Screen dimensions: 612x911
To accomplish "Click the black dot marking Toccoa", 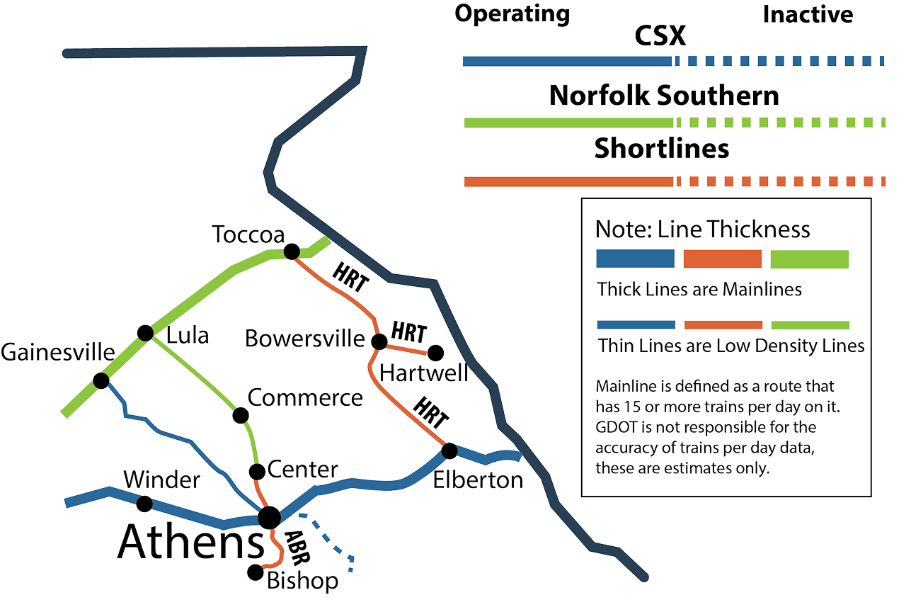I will coord(291,251).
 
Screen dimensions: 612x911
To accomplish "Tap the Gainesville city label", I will coord(57,351).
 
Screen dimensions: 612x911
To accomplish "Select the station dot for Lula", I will coord(145,332).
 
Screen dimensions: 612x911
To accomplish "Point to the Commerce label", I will coord(305,397).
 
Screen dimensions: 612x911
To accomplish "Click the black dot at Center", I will coord(258,471).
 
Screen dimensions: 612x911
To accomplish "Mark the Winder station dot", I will coord(144,504).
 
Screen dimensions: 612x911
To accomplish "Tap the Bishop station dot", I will coord(255,572).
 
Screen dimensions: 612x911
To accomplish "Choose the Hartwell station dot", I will coord(435,352).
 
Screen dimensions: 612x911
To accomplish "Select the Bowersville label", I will coord(305,339).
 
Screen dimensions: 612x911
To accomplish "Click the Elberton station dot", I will coord(449,450).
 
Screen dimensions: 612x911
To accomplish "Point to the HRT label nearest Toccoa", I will coord(350,276).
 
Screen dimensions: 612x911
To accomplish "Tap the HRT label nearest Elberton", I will coord(430,413).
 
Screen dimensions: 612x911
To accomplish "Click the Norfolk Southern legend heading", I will coord(663,95).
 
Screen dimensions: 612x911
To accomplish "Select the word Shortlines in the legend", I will coord(661,148).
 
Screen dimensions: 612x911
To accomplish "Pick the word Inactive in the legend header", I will coord(808,14).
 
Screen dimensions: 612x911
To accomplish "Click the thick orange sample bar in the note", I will coord(723,259).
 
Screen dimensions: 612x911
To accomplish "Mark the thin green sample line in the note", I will coord(810,325).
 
